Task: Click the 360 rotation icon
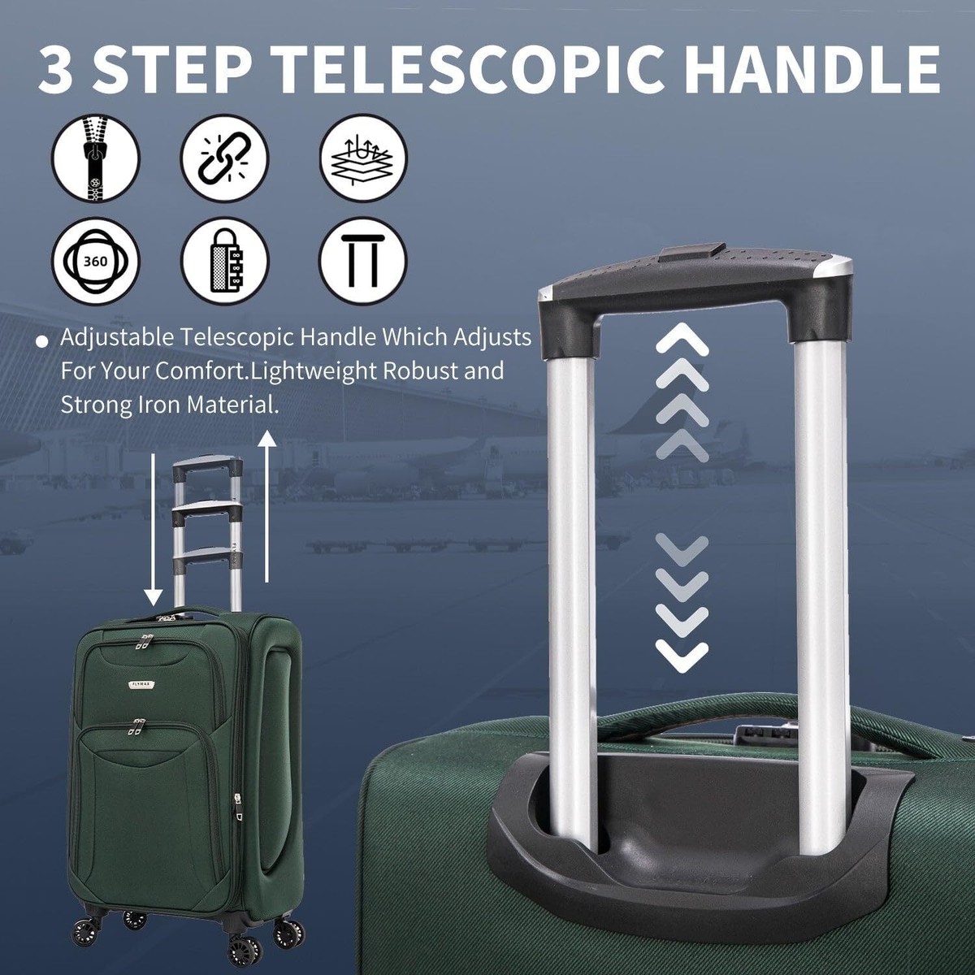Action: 97,262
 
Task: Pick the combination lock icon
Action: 224,262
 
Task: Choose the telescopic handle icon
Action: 362,262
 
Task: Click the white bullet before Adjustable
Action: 41,341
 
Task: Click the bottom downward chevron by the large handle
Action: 682,655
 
